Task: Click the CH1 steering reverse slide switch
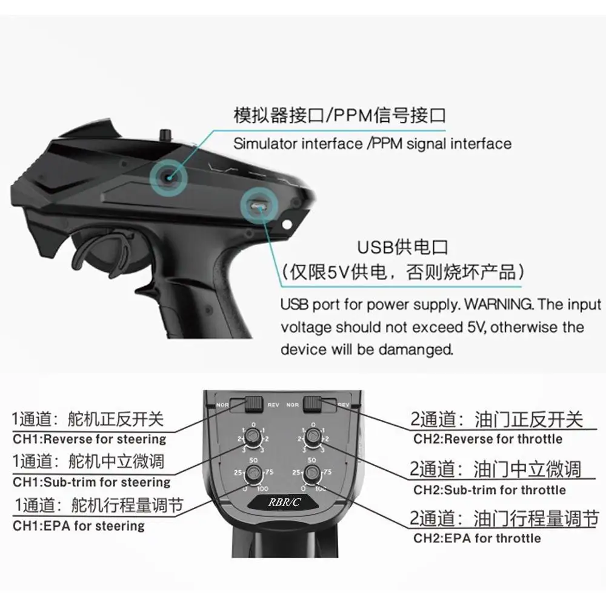point(253,402)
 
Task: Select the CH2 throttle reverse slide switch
point(313,402)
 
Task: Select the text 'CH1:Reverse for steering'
point(90,439)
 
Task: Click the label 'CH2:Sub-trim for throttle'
point(490,490)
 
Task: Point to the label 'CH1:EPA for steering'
point(79,525)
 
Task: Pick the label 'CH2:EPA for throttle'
point(477,538)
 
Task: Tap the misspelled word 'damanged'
point(417,350)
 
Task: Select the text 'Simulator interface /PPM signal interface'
point(372,144)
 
